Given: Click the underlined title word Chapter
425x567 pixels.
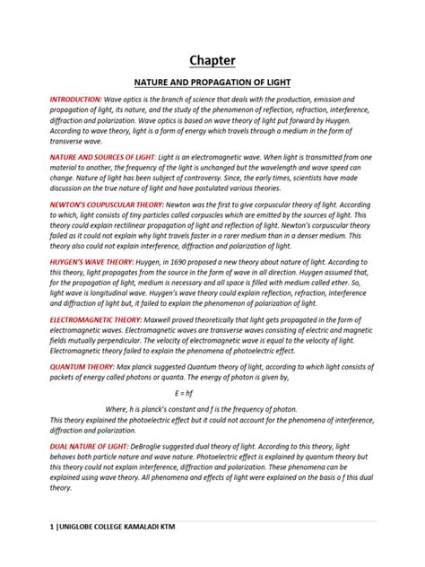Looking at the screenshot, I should point(212,60).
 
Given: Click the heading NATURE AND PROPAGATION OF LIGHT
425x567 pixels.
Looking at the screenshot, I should point(212,81).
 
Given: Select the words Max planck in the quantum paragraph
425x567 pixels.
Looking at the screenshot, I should point(144,366).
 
